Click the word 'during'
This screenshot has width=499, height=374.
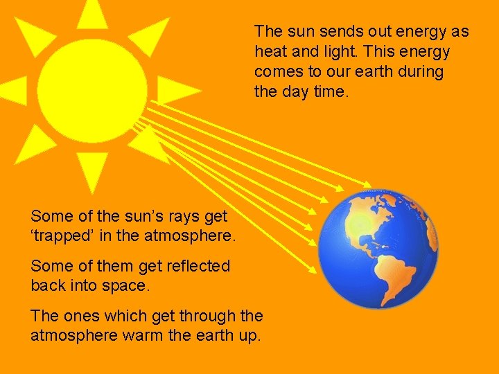(421, 72)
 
